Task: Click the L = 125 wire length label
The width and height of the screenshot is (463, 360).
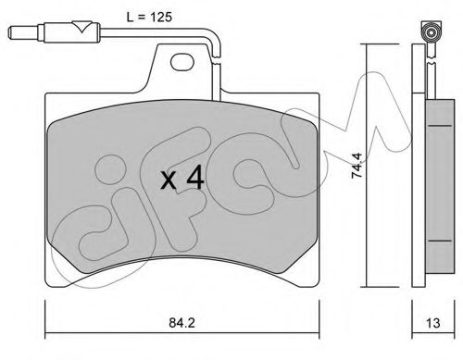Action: pos(149,18)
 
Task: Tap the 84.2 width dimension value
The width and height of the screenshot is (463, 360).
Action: pos(182,323)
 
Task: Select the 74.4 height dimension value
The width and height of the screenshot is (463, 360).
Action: pos(357,166)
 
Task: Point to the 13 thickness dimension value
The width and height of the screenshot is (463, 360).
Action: pos(432,323)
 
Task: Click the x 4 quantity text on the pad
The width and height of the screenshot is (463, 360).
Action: pos(182,178)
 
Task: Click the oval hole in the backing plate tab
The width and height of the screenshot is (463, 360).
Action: pos(182,62)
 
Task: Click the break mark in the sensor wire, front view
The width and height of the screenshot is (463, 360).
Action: pos(217,59)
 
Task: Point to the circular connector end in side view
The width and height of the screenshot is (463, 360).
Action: pos(431,32)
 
